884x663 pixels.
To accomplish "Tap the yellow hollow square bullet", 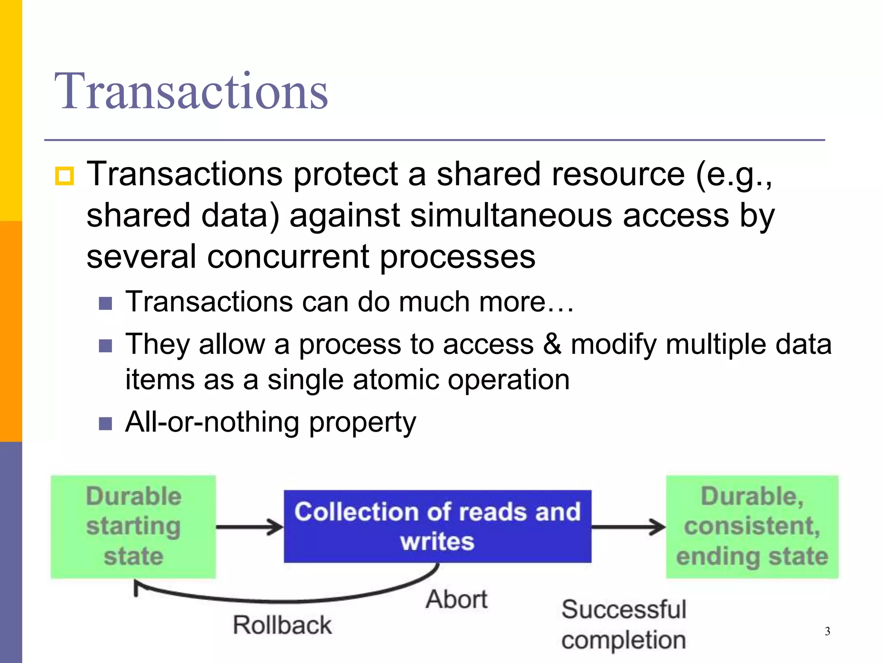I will click(x=64, y=176).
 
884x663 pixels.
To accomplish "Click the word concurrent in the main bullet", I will click(x=288, y=257).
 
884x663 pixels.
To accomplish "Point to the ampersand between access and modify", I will click(x=552, y=344).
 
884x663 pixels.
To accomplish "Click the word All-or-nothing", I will click(x=212, y=422).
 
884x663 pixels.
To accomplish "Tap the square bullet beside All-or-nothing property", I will click(x=105, y=423).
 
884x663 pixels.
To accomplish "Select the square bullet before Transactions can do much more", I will click(x=105, y=303).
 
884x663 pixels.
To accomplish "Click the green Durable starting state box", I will click(x=133, y=527).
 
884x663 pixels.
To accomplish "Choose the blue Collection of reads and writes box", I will click(x=437, y=526).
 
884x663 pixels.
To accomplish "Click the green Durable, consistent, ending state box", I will click(x=752, y=527).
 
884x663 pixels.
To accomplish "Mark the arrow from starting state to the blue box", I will click(x=249, y=527).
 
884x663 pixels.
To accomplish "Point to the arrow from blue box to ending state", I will click(x=628, y=527).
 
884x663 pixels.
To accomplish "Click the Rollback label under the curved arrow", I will click(x=282, y=625).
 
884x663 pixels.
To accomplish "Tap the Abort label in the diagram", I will click(x=457, y=600).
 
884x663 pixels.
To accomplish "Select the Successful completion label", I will click(x=624, y=625).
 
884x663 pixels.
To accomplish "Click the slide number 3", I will click(x=827, y=631).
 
